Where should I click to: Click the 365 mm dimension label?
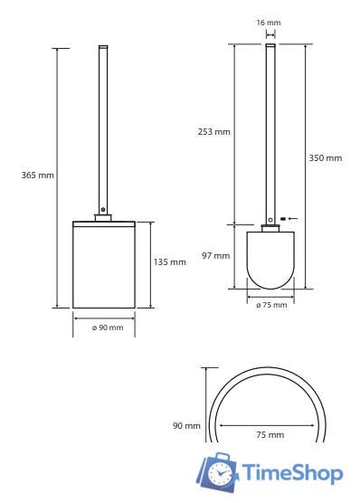(x=38, y=176)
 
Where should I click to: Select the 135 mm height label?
(x=169, y=262)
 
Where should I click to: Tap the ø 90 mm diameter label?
(x=107, y=327)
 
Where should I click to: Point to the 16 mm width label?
(x=269, y=23)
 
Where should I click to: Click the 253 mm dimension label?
(x=213, y=132)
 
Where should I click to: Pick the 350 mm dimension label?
(x=326, y=158)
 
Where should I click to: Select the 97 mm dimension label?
(x=215, y=256)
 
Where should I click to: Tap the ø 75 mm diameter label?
(x=270, y=305)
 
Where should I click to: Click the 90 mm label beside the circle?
(x=186, y=425)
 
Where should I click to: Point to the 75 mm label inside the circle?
(x=270, y=435)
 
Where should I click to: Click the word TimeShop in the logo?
(x=292, y=473)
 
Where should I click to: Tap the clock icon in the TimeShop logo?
(x=219, y=472)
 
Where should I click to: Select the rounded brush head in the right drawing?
(x=270, y=261)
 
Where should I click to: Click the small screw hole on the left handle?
(x=103, y=210)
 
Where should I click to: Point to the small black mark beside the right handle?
(x=283, y=219)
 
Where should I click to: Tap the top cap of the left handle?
(x=103, y=46)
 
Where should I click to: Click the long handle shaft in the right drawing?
(x=270, y=131)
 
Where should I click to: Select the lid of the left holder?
(x=104, y=223)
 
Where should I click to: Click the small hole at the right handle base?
(x=270, y=219)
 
